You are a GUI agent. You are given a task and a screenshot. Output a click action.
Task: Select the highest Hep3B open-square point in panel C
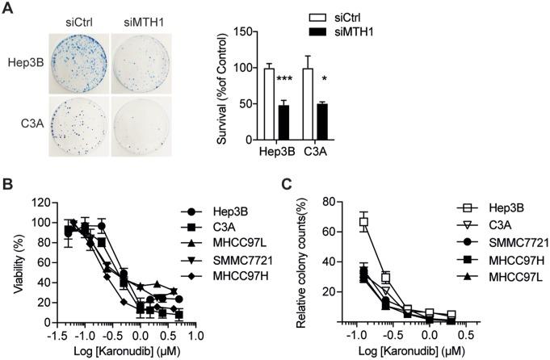pyautogui.click(x=342, y=222)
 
